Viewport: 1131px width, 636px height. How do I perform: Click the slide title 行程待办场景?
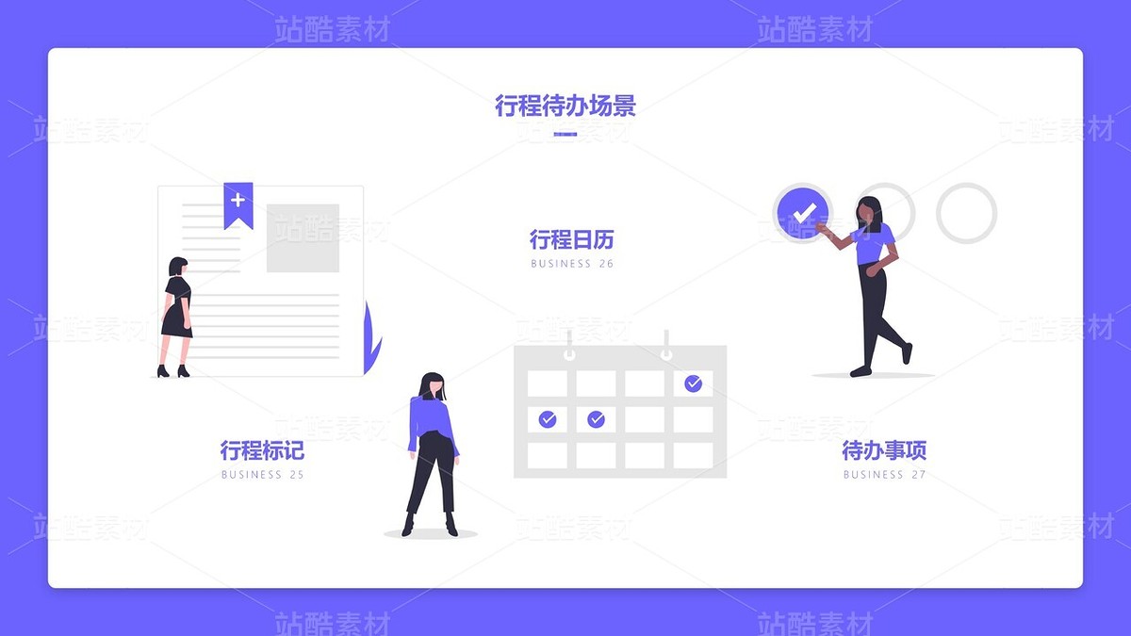tap(565, 106)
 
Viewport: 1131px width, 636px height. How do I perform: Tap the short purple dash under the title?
tap(565, 135)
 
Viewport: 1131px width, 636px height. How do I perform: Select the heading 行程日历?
tap(571, 239)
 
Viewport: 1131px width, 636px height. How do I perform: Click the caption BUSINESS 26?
tap(571, 264)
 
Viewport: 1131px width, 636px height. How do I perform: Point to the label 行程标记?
tap(262, 450)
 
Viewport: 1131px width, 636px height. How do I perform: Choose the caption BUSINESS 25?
tap(262, 475)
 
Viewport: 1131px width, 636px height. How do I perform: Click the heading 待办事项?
tap(884, 450)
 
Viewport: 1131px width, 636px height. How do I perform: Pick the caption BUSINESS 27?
tap(884, 475)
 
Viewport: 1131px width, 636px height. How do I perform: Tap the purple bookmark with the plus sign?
tap(238, 204)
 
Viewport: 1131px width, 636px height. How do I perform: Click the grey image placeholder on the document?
tap(303, 238)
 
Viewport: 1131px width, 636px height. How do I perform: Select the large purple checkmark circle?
tap(802, 213)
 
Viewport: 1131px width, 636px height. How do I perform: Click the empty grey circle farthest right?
tap(966, 213)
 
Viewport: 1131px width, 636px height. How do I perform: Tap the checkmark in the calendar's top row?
tap(693, 383)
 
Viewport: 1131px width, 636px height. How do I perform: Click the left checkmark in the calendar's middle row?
tap(548, 419)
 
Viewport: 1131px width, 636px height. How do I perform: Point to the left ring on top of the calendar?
tap(568, 347)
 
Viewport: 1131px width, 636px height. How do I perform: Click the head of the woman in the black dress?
tap(177, 267)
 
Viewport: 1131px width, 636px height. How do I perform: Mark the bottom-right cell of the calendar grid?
tap(693, 455)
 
